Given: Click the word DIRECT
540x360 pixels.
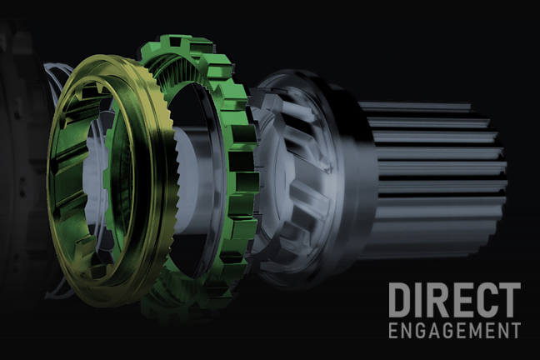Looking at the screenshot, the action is [x=455, y=300].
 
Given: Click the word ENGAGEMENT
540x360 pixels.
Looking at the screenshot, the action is [x=455, y=331].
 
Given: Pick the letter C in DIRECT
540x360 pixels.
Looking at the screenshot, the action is [x=485, y=300].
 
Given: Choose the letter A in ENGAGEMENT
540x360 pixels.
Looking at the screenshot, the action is [x=432, y=331].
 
